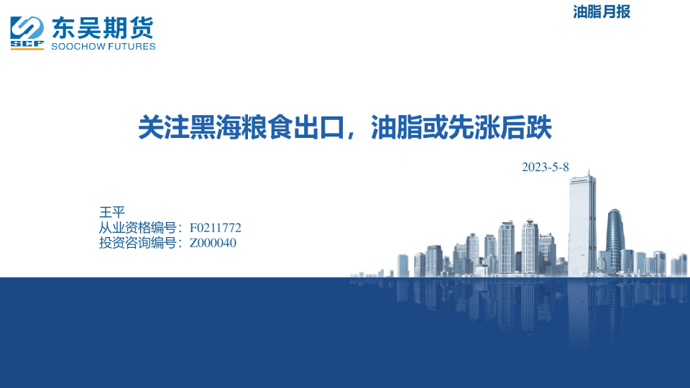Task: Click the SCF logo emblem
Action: coord(27,33)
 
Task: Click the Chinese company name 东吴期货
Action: coord(103,28)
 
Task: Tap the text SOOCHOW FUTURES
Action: coord(103,47)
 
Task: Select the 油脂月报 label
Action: coord(602,12)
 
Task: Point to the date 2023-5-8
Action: coord(546,167)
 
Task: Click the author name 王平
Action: coord(112,212)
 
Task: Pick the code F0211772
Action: coord(215,228)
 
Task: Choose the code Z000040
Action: coord(213,243)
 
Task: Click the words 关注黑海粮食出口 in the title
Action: coord(241,128)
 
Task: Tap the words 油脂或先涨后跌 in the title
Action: coord(461,128)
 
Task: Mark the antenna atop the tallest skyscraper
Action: coord(589,173)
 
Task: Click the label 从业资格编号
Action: coord(137,228)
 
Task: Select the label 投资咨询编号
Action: coord(137,243)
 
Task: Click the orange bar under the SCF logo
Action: coord(27,49)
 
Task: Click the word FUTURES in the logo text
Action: coord(132,47)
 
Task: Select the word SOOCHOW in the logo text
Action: coord(79,47)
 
